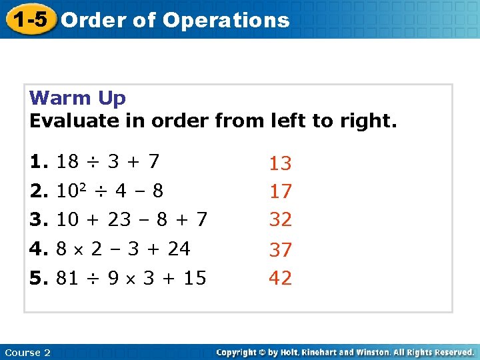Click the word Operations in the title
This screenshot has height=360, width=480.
pos(226,20)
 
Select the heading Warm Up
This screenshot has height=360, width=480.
pos(77,98)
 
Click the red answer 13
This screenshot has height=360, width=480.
pos(280,163)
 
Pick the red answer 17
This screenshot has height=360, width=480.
pos(280,192)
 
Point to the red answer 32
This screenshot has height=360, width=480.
pos(280,219)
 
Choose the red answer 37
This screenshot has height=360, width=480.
pos(280,250)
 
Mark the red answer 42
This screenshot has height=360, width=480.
pos(280,278)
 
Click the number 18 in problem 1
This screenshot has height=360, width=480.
pos(68,161)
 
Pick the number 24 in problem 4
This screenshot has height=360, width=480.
pos(179,249)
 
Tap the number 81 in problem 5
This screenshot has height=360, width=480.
pos(68,277)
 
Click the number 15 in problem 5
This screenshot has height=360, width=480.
pos(195,277)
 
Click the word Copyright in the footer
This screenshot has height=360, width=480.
pos(239,352)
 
